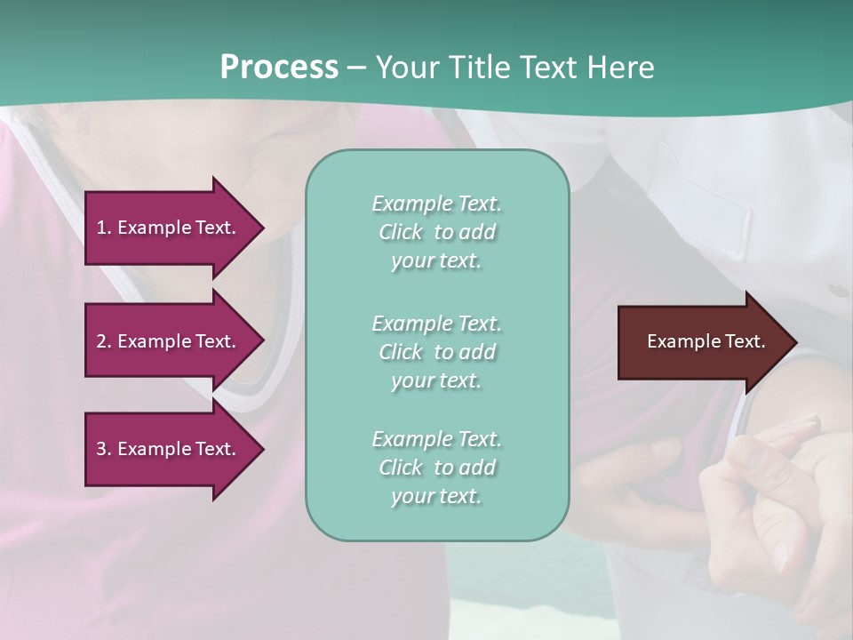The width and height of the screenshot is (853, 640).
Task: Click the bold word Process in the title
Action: point(279,68)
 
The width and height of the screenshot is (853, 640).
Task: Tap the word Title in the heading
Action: point(476,68)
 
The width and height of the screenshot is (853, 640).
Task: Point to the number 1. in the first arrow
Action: point(104,228)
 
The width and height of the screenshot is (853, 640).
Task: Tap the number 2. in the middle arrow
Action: point(104,341)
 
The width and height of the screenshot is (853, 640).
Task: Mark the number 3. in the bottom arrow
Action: point(104,449)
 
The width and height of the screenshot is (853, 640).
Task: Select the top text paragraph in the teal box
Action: point(436,232)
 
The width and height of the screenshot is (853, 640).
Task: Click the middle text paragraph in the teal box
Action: point(436,351)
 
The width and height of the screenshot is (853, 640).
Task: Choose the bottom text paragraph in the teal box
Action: point(436,468)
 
